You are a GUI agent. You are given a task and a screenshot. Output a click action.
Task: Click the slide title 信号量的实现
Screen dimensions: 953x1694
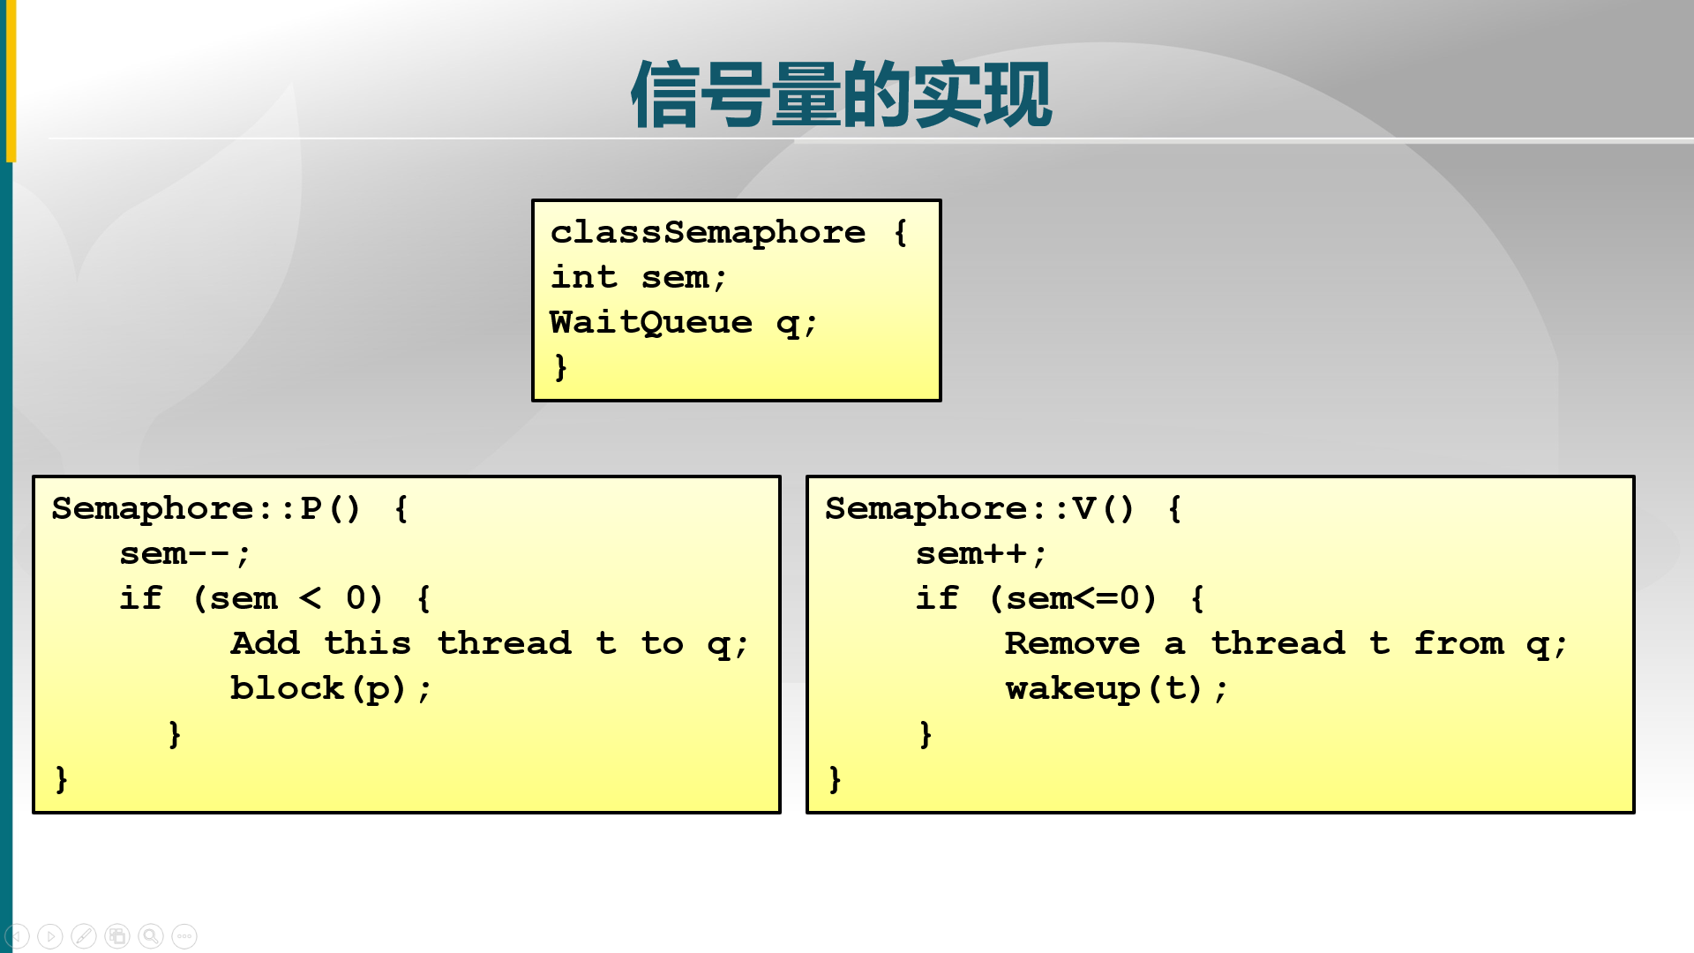tap(841, 94)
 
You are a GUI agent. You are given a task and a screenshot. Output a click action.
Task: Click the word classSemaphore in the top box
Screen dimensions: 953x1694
tap(708, 232)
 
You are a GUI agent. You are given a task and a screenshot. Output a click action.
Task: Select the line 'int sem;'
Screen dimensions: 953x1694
tap(639, 278)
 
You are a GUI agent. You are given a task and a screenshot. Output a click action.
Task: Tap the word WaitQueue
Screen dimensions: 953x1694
tap(651, 323)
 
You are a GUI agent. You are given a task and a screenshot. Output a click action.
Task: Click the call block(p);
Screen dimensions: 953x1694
tap(331, 688)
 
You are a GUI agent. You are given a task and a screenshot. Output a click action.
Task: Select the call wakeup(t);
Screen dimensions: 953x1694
tap(1116, 688)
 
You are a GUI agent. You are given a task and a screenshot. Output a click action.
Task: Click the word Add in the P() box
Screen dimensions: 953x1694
tap(265, 643)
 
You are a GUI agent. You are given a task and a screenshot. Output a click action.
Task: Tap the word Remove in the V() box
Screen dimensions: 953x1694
tap(1072, 643)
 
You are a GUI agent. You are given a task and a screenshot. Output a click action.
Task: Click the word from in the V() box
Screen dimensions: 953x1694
tap(1458, 643)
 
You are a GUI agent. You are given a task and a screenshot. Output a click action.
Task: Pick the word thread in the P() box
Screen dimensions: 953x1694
tap(505, 643)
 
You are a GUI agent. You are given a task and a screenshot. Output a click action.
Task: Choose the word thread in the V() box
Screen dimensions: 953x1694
tap(1278, 643)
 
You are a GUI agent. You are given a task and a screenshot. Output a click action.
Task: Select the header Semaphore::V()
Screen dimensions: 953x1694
tap(979, 509)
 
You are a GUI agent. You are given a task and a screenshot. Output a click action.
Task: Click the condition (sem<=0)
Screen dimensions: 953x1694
tap(1073, 599)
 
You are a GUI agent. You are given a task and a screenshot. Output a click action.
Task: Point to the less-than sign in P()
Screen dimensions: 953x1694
tap(311, 599)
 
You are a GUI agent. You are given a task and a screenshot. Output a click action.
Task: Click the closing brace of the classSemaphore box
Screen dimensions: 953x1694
tap(560, 366)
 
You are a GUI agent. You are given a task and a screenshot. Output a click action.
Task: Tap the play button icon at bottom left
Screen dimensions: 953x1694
tap(50, 935)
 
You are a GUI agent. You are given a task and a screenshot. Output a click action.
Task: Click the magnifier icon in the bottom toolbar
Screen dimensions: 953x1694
tap(151, 935)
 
